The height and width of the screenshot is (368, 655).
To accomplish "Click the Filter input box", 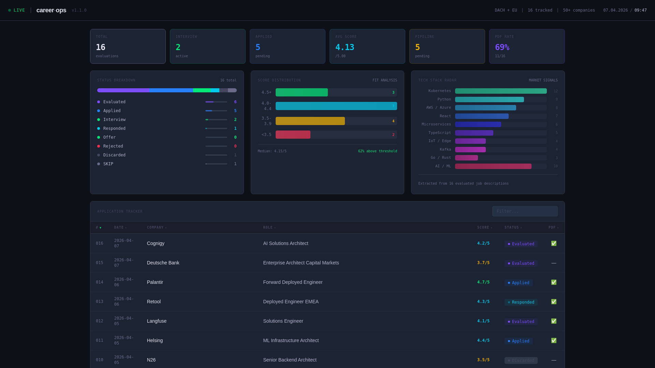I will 525,211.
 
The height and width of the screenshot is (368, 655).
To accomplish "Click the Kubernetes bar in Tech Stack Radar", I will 500,91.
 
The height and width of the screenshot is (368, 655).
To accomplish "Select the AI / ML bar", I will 493,166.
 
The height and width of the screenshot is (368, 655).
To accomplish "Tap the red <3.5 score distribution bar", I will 293,135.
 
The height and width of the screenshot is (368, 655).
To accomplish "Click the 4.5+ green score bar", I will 302,92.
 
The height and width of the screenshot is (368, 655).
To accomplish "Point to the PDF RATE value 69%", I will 502,47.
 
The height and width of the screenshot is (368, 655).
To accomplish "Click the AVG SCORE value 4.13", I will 345,47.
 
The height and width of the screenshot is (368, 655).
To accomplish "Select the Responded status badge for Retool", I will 521,302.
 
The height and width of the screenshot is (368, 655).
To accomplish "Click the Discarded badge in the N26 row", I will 521,361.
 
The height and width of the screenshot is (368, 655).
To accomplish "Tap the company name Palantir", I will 155,282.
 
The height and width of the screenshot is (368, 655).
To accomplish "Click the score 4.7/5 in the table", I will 483,282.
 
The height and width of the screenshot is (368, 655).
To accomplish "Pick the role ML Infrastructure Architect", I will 291,340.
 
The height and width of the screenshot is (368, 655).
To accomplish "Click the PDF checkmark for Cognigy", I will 553,243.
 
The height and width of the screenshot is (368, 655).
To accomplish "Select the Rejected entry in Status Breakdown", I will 113,146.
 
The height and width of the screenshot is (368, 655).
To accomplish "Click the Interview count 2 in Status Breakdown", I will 235,120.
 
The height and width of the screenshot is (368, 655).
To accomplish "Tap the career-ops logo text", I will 51,10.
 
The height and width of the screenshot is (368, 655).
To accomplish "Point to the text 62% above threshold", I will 377,151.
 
